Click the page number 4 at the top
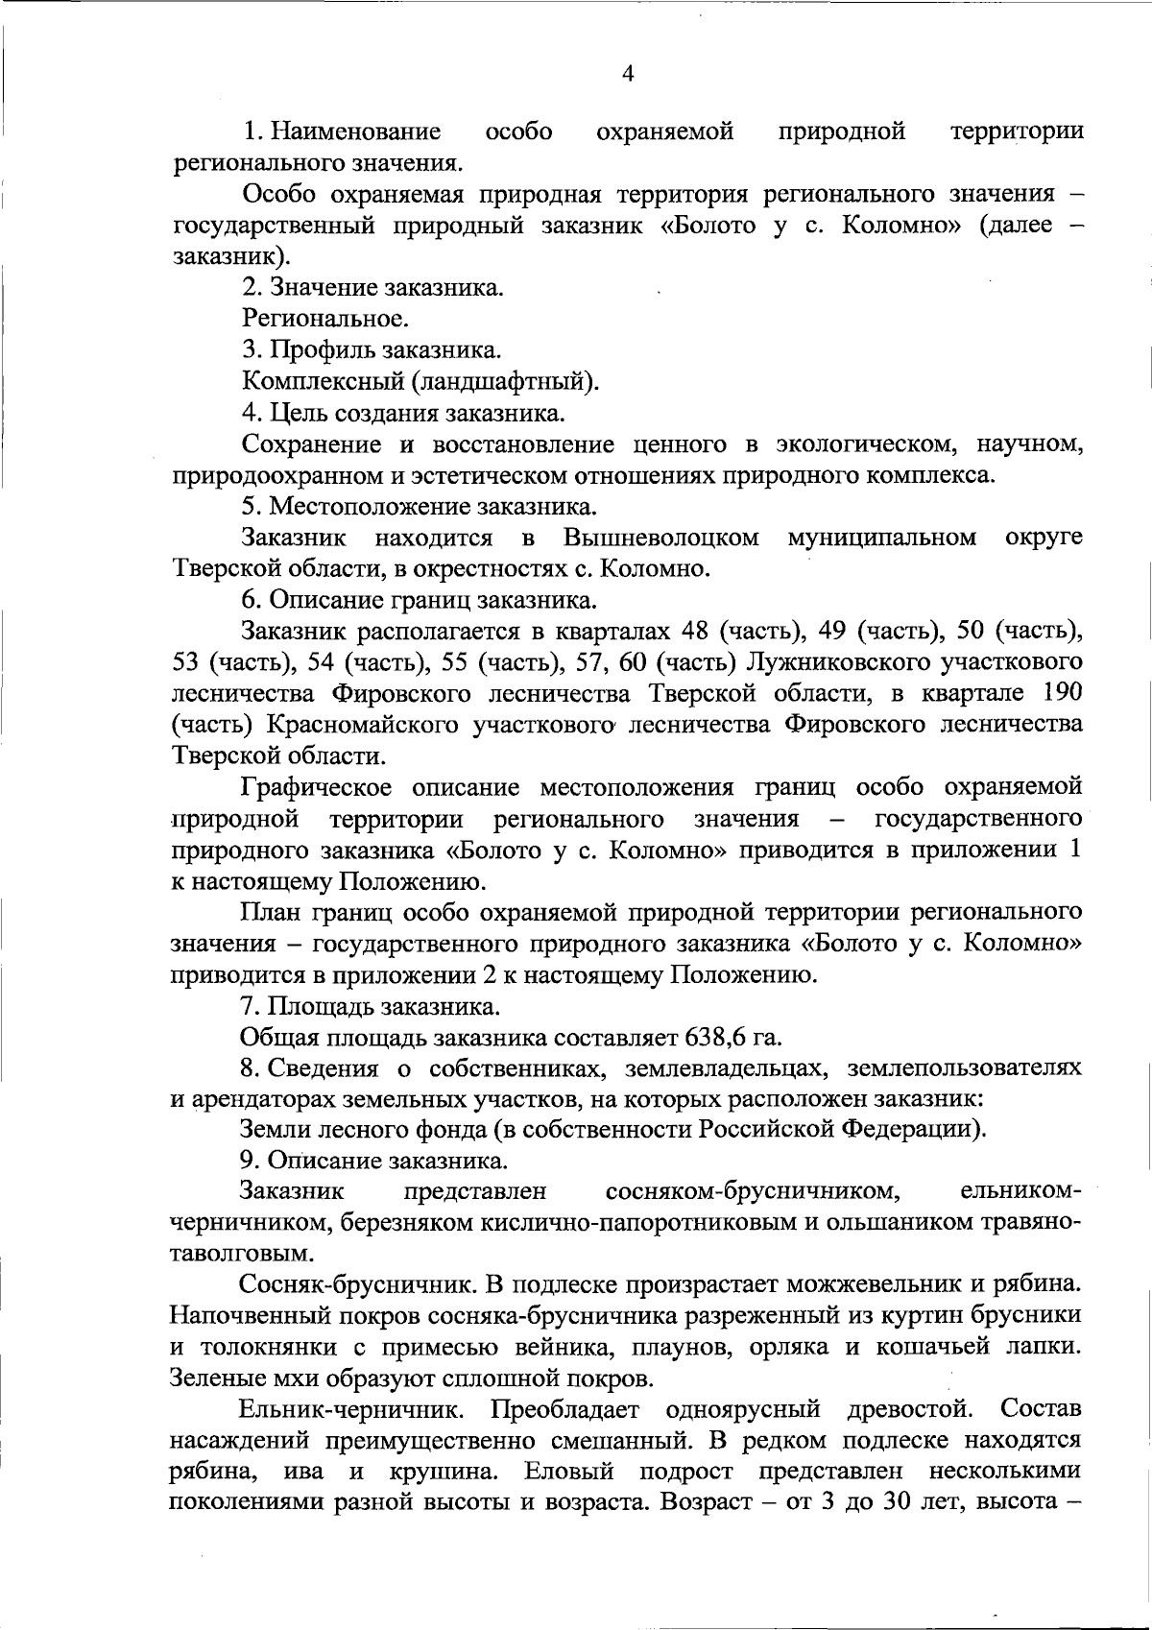628,74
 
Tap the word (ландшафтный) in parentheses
506,381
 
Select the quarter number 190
1061,693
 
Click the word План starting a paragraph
269,911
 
